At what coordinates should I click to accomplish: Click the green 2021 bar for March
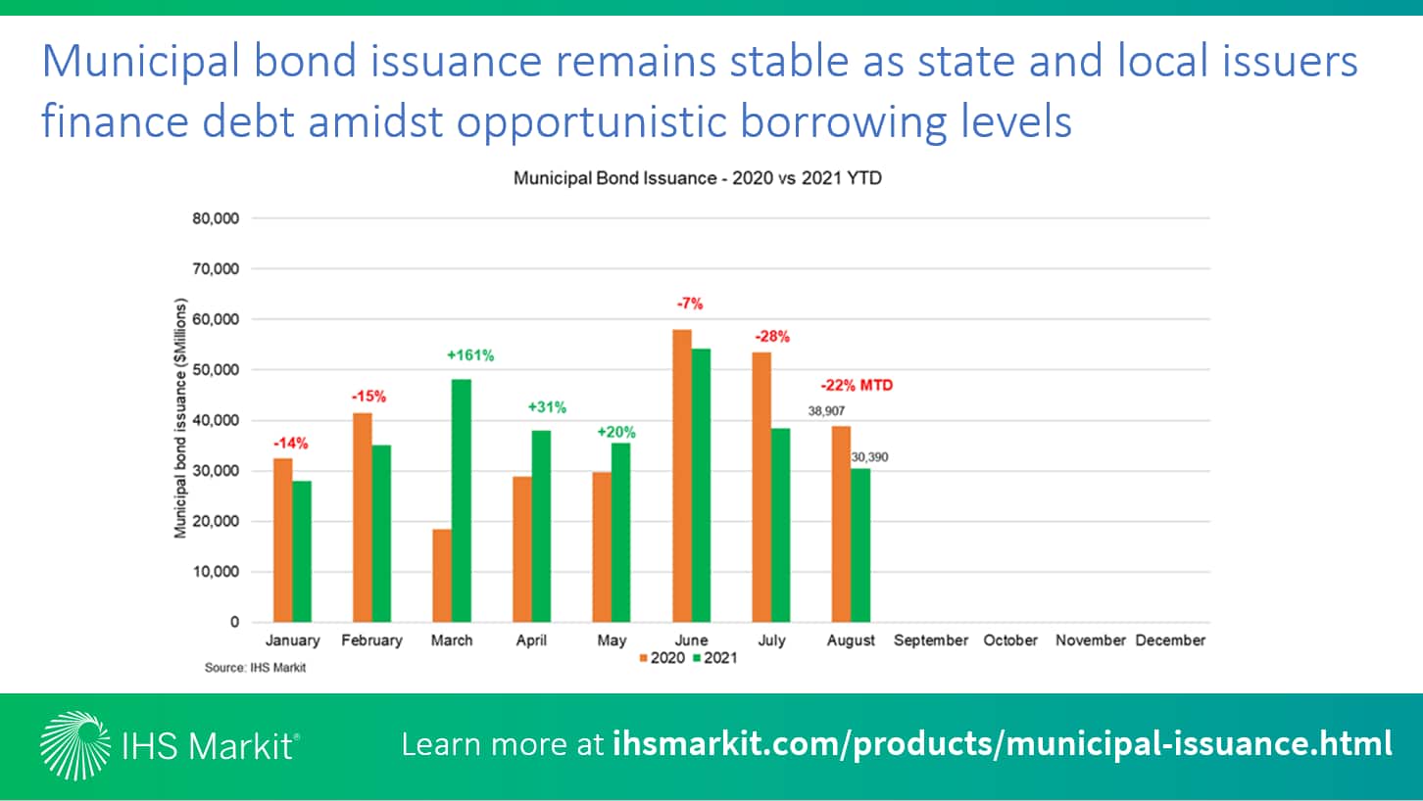coord(462,500)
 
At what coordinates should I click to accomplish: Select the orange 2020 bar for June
coord(682,476)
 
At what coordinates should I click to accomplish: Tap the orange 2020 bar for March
coord(442,576)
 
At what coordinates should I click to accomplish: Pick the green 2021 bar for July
coord(781,526)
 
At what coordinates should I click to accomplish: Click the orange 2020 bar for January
coord(282,541)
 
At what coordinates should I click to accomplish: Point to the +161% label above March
coord(470,355)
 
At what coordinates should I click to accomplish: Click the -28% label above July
coord(772,337)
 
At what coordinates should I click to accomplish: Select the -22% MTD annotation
coord(857,385)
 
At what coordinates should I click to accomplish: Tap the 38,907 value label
coord(826,411)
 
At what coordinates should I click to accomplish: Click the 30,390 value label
coord(869,457)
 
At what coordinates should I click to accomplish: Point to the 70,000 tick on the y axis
coord(216,269)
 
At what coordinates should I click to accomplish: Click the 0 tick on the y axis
coord(234,622)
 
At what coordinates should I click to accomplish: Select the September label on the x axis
coord(931,640)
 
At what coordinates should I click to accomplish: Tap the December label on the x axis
coord(1170,640)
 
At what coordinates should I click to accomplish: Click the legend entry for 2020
coord(662,658)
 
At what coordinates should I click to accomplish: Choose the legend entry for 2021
coord(714,658)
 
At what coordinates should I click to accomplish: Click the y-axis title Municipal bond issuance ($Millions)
coord(180,418)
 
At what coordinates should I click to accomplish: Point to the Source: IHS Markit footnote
coord(255,668)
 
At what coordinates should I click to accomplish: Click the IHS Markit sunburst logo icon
coord(74,745)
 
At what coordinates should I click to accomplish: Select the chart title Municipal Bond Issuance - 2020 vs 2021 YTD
coord(698,178)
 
